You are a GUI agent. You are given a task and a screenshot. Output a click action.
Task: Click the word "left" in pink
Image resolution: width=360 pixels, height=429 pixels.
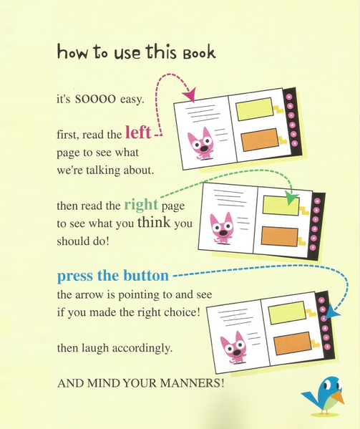[x=138, y=132]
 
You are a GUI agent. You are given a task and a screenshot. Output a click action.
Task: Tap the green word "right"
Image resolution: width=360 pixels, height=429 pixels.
[x=141, y=205]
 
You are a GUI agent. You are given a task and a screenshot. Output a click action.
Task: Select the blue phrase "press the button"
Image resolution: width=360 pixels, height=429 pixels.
[x=113, y=276]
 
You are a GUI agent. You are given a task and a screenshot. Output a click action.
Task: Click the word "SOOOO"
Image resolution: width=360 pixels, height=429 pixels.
[x=95, y=99]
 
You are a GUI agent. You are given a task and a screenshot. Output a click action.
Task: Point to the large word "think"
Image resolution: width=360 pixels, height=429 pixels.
[x=154, y=222]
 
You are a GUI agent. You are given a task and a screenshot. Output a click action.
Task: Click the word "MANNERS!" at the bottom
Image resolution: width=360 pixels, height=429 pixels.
[x=192, y=382]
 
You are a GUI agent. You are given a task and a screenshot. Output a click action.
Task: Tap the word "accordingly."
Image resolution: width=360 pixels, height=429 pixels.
[x=142, y=349]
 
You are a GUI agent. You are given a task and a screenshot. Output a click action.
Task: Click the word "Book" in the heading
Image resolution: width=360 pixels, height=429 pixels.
[x=199, y=53]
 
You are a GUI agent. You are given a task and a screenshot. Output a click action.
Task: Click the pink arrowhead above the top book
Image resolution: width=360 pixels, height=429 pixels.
[x=190, y=95]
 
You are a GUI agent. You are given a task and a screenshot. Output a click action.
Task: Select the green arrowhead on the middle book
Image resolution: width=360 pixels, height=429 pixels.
[x=292, y=198]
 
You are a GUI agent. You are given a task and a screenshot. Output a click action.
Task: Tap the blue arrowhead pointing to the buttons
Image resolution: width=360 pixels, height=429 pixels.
[x=332, y=312]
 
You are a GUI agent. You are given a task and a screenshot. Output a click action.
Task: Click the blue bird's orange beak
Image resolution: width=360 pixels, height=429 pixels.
[x=339, y=397]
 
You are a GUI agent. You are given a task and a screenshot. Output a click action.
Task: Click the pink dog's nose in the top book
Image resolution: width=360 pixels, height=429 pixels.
[x=204, y=148]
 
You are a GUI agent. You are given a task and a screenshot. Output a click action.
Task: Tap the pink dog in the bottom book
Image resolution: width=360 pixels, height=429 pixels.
[x=234, y=347]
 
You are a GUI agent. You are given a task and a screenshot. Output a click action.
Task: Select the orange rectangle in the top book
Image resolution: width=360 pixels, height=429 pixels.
[x=260, y=140]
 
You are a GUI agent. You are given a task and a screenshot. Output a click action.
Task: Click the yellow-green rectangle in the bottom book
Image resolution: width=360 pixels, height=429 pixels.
[x=287, y=313]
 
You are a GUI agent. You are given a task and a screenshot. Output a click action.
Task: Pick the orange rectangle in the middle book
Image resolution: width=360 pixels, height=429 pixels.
[x=280, y=236]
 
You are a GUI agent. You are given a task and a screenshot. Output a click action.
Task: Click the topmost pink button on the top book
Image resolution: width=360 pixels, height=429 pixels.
[x=289, y=97]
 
